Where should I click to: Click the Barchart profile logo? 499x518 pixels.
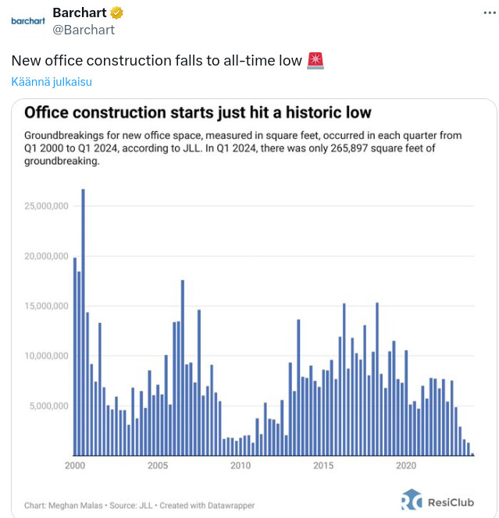28,21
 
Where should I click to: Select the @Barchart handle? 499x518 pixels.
83,30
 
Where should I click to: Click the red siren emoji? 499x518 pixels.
315,60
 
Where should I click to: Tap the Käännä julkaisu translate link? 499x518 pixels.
52,82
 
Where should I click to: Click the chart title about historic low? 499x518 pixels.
198,112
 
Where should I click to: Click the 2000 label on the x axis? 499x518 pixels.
76,467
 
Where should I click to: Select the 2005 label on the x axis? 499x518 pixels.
158,467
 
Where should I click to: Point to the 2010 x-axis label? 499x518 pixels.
241,467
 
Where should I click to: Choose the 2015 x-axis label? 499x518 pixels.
323,467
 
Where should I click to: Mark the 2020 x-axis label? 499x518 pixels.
406,467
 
